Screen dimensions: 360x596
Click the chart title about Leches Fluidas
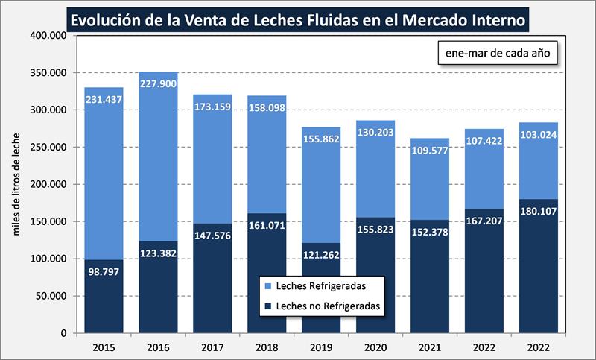tap(297, 16)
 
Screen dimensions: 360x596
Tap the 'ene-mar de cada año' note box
tap(497, 54)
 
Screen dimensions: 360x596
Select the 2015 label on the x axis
tap(103, 348)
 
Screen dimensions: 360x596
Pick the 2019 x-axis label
tap(320, 348)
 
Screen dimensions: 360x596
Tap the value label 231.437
tap(104, 99)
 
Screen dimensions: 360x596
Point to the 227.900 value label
tap(158, 83)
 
